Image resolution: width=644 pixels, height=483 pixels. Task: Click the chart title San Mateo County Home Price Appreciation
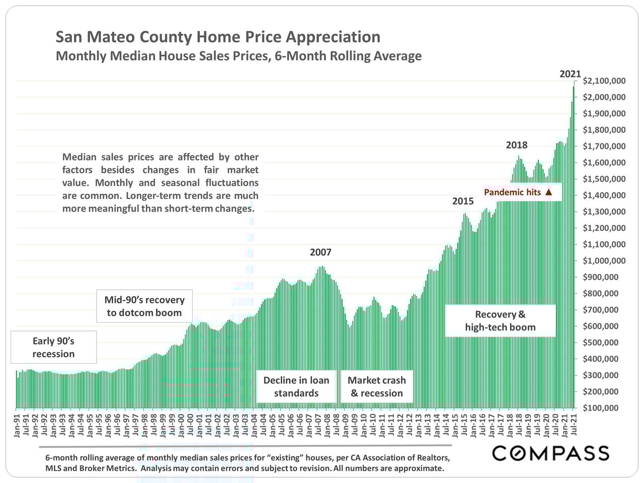coord(217,37)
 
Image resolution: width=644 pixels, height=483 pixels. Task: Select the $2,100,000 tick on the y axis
coord(604,81)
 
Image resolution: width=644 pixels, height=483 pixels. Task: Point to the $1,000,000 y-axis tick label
coord(604,261)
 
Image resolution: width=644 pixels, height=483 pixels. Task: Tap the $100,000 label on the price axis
coord(607,408)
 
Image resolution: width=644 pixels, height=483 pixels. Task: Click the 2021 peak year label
coord(570,74)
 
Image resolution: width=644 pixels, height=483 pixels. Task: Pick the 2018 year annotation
coord(516,145)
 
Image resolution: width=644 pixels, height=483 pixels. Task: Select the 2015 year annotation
coord(462,201)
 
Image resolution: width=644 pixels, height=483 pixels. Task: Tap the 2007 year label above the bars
coord(320,253)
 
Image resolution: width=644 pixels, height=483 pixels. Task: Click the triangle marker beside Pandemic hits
coord(548,192)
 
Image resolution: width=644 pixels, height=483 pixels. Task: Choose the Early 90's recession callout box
coord(53,348)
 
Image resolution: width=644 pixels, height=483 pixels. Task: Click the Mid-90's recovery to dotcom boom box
coord(144,306)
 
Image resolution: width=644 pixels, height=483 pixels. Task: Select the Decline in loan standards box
coord(296,387)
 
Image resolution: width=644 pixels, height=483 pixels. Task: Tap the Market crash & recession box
coord(377,387)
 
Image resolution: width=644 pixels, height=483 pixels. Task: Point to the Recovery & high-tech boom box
coord(500,321)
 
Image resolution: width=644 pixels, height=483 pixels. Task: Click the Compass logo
coord(550,453)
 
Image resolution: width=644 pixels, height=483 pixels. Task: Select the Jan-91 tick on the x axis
coord(17,426)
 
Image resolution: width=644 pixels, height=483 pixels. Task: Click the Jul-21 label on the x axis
coord(574,426)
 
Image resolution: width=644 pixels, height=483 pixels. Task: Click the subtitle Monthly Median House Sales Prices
coord(238,56)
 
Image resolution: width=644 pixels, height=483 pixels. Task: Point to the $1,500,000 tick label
coord(604,179)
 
